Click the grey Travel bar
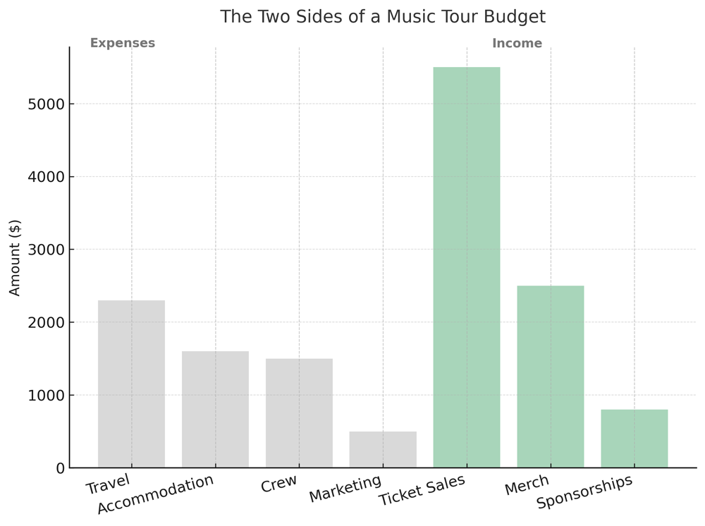point(131,384)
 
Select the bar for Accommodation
point(215,410)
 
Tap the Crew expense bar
point(299,413)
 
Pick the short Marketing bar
point(383,450)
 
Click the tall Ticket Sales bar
point(467,268)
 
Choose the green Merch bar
point(551,377)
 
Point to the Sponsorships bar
point(634,439)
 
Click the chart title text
point(382,17)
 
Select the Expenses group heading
point(123,44)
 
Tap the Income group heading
point(517,44)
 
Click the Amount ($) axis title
point(16,258)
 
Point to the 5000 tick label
point(46,104)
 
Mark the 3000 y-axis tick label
point(46,250)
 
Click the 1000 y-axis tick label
point(46,396)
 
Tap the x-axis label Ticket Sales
point(422,490)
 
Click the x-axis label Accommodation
point(155,494)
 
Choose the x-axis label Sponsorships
point(584,492)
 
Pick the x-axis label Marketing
point(345,489)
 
